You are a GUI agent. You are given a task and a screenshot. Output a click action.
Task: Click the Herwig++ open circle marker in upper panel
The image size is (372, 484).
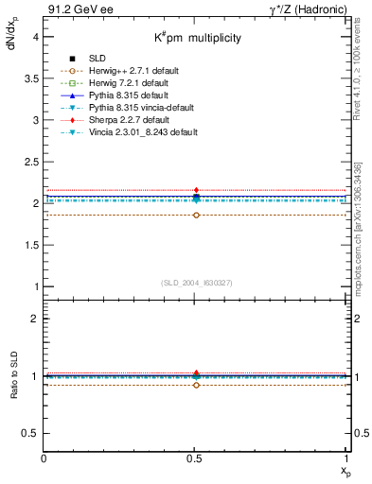196,215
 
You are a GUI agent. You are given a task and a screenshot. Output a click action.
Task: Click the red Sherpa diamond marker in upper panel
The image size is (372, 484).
196,190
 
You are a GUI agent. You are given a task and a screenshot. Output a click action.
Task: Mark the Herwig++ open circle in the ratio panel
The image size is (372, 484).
196,385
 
